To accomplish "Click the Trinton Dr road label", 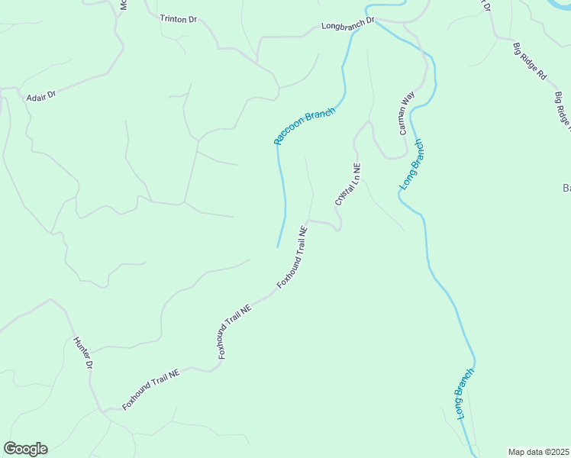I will pos(178,18).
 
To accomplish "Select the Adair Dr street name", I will pos(41,96).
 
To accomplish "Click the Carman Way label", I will pos(406,113).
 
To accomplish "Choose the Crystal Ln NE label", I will pos(347,184).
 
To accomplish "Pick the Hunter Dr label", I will pos(83,353).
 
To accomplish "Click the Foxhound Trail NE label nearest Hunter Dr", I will pos(152,389).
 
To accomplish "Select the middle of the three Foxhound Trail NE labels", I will pos(234,332).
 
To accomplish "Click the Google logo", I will pos(25,449).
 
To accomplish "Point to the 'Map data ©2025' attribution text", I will pos(539,452).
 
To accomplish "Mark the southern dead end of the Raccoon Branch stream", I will pos(277,247).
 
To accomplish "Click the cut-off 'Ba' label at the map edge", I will pos(566,188).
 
